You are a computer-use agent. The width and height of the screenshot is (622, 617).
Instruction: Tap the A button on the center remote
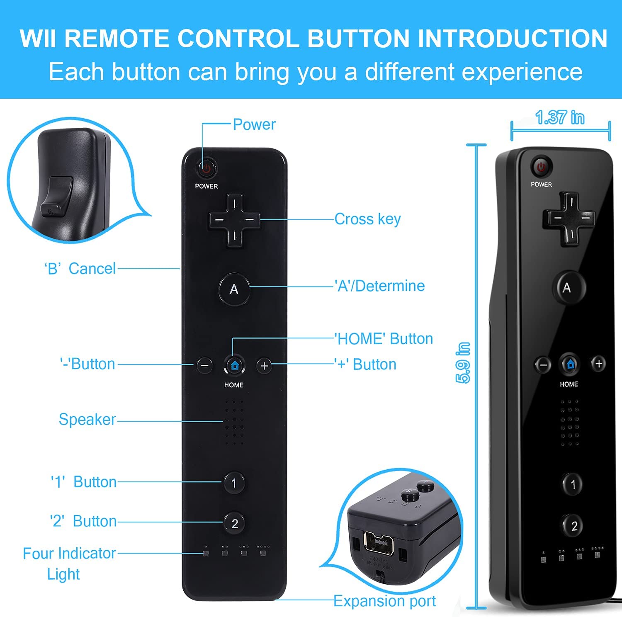[x=234, y=289]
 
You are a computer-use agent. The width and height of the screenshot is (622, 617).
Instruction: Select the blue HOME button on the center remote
[x=234, y=365]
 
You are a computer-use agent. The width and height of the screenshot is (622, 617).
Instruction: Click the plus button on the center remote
[x=264, y=366]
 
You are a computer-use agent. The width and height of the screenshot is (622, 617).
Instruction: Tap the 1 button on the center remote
[x=234, y=483]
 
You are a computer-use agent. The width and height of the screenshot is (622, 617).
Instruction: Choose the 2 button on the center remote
[x=234, y=523]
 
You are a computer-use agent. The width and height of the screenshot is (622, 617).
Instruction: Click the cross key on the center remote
[x=234, y=220]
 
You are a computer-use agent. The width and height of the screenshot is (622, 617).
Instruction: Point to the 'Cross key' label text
[x=368, y=219]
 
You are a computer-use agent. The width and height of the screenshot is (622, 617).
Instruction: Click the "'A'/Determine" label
[x=380, y=286]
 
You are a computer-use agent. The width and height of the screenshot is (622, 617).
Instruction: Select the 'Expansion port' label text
[x=385, y=601]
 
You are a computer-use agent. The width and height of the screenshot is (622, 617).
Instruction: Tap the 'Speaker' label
[x=87, y=419]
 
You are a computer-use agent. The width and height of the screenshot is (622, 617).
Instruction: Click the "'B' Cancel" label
[x=80, y=269]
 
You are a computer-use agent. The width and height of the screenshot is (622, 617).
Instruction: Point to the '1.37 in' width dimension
[x=560, y=118]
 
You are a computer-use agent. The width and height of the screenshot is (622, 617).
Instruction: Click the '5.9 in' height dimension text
[x=463, y=363]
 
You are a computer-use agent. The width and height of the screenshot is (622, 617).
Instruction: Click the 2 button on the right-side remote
[x=574, y=526]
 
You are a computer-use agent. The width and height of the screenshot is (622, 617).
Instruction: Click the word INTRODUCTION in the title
[x=513, y=39]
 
